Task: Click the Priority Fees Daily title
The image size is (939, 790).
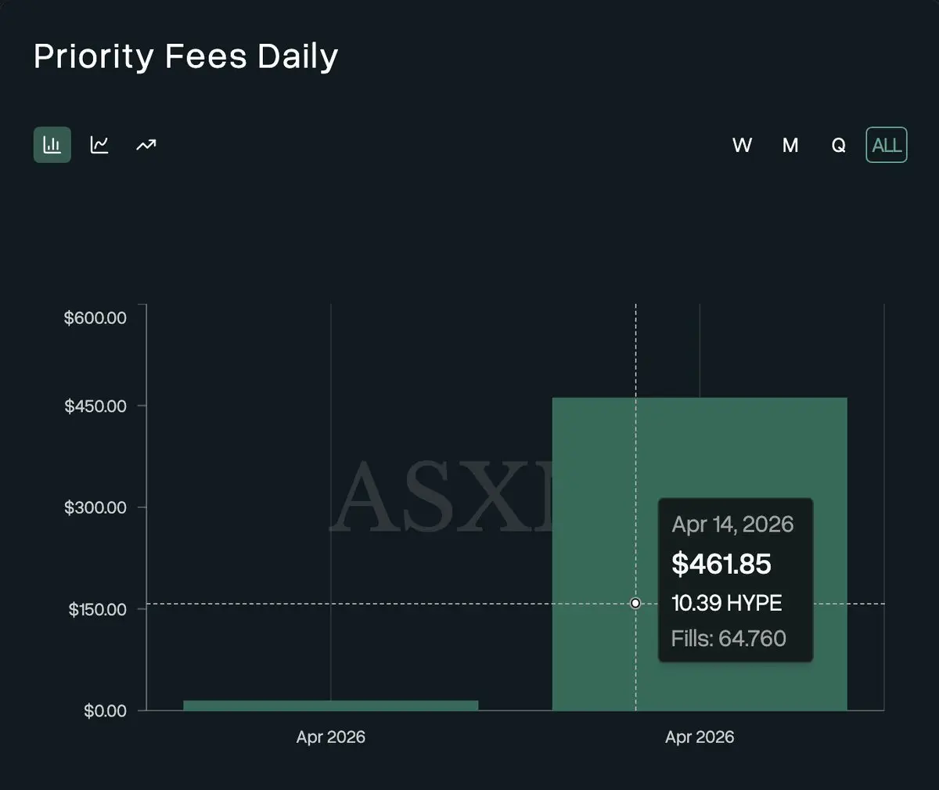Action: point(185,57)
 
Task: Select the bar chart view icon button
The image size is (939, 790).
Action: point(52,145)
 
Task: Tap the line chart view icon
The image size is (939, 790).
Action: point(99,145)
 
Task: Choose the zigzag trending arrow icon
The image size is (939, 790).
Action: point(146,145)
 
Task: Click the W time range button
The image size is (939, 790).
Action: point(742,146)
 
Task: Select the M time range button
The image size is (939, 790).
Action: point(790,146)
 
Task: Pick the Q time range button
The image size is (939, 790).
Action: point(838,146)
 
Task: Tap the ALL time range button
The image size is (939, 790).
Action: point(886,146)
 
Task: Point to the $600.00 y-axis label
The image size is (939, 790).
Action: point(95,318)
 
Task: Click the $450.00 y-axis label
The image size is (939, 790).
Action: point(95,406)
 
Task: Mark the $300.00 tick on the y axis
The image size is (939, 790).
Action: point(95,507)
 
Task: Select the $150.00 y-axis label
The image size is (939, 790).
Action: point(97,609)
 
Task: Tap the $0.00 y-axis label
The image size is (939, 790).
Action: point(105,711)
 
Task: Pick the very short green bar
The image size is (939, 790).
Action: point(330,705)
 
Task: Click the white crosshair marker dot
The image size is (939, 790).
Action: point(635,603)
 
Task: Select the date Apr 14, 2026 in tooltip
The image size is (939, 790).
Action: point(732,525)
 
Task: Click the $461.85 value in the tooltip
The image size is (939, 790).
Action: point(721,564)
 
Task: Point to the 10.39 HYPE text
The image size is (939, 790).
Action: point(726,603)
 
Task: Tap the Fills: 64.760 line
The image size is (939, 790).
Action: point(728,638)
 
